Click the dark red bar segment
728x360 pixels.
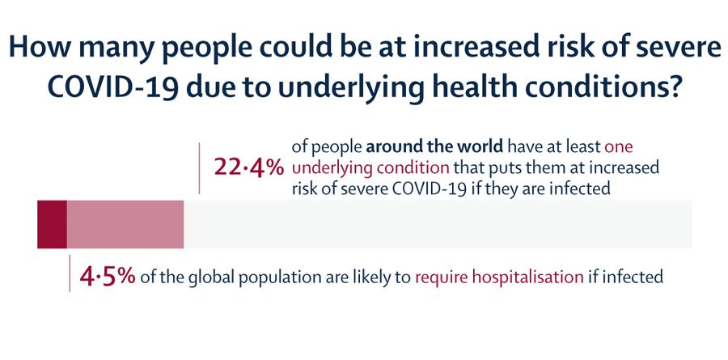click(52, 223)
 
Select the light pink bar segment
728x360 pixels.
click(125, 223)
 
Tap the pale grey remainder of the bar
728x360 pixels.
click(437, 223)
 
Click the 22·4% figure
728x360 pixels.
click(248, 168)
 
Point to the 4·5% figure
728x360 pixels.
click(107, 277)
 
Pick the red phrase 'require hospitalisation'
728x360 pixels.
click(499, 277)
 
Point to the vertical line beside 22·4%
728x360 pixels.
click(200, 168)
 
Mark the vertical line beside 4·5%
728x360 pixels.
click(70, 273)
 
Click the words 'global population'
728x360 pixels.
click(239, 277)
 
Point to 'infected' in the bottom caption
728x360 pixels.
click(635, 277)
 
